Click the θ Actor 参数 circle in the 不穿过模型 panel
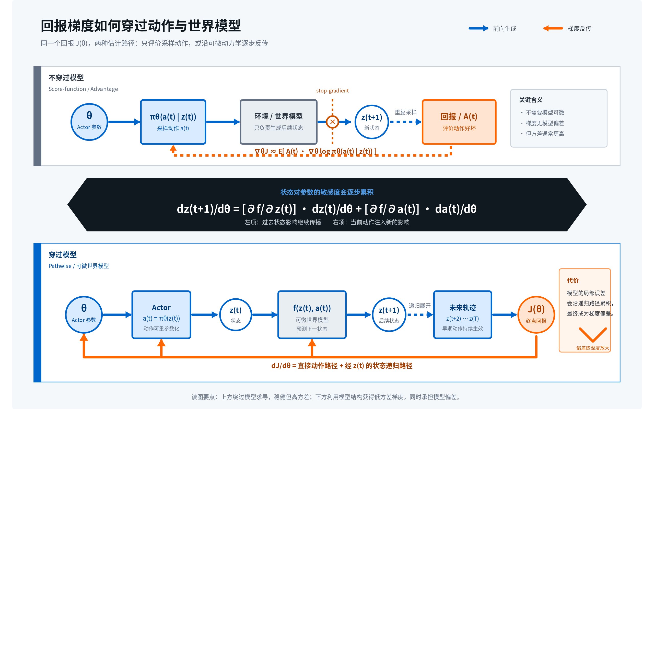[x=89, y=122]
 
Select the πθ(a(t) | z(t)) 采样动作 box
[x=173, y=122]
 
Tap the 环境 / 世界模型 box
[x=279, y=122]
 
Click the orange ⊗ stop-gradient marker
[x=332, y=122]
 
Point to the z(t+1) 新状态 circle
[x=372, y=122]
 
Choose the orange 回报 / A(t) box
[x=459, y=122]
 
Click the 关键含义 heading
[x=531, y=100]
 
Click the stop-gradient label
[x=332, y=90]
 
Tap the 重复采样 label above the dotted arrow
[x=405, y=112]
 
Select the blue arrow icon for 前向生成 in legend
[x=478, y=28]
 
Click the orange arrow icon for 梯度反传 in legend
[x=553, y=28]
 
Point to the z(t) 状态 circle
[x=236, y=315]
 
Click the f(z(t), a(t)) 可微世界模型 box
[x=312, y=315]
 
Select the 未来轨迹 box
[x=462, y=315]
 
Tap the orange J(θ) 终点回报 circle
[x=536, y=315]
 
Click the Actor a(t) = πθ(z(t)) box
[x=161, y=315]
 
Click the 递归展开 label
[x=419, y=306]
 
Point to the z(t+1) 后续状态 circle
[x=389, y=315]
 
